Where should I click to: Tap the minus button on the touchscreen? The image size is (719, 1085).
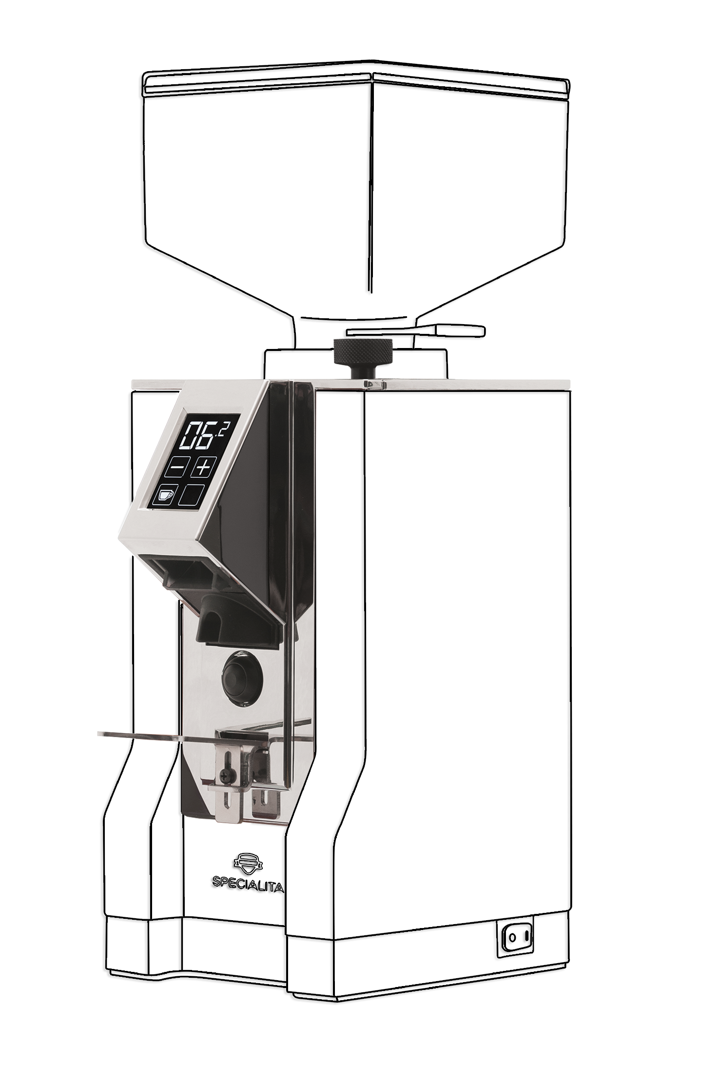(x=175, y=469)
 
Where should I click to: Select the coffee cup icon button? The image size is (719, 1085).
(x=165, y=495)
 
